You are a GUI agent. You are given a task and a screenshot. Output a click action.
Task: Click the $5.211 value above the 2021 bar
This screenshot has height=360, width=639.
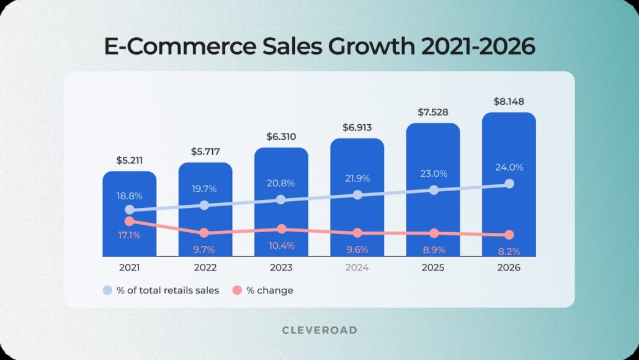129,160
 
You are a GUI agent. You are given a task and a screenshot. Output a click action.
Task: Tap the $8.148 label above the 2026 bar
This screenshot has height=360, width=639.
509,101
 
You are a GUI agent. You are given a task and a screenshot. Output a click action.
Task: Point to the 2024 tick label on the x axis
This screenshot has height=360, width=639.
357,268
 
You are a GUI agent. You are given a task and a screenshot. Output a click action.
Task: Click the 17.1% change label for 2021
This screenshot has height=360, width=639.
129,235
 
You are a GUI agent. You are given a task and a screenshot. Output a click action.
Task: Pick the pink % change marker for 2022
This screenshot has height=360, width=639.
204,233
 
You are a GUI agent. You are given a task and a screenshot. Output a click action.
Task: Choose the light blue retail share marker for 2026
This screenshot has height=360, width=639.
509,184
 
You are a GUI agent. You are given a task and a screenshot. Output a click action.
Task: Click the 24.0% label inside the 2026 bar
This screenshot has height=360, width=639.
509,167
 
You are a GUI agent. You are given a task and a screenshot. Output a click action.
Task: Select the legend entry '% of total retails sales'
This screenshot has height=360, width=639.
161,290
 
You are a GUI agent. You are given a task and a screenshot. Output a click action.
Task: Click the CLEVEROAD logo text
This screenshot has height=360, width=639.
319,330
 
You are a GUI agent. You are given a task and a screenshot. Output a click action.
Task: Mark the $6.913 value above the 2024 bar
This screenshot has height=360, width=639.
357,127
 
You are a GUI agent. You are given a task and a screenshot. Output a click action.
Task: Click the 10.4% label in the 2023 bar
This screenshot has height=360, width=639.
281,245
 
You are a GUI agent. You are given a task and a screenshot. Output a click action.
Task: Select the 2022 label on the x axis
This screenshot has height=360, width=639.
205,268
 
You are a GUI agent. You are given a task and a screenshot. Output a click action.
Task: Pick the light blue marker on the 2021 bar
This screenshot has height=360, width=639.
129,210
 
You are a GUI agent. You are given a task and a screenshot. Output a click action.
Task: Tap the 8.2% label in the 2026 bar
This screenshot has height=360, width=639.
509,251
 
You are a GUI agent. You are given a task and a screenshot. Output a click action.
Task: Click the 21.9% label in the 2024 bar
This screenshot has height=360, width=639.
357,178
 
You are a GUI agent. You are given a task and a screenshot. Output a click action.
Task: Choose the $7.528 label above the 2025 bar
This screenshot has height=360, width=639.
433,112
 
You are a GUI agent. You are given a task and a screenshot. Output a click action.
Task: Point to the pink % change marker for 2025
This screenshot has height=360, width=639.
434,233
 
